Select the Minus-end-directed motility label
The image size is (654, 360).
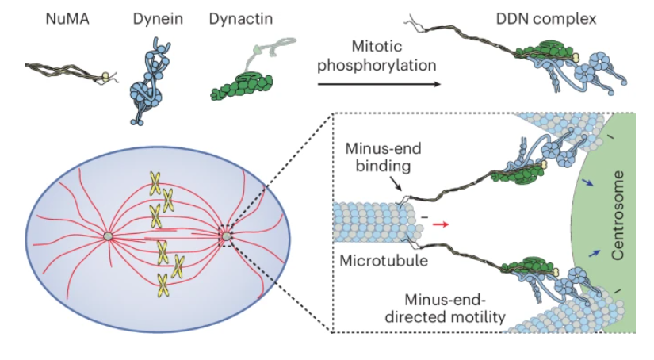pos(454,308)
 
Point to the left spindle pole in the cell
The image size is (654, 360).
pos(107,236)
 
